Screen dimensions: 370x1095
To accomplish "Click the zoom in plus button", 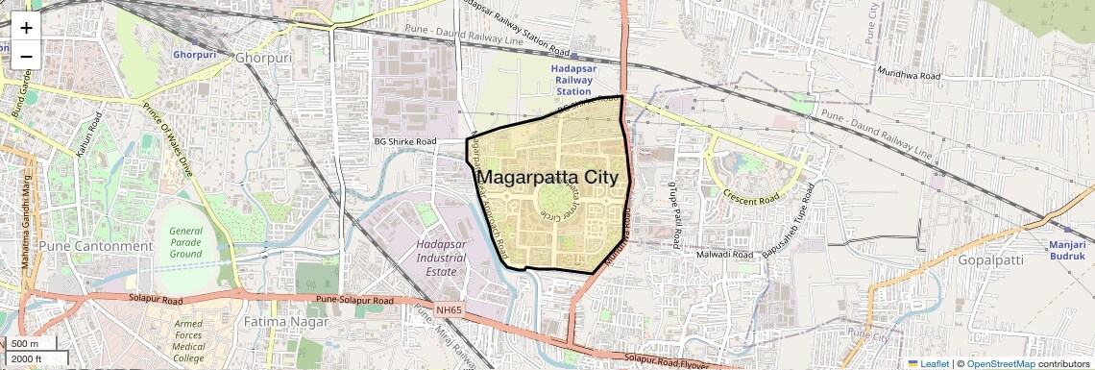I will tap(26, 28).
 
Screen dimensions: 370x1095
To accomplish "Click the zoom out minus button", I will tap(26, 56).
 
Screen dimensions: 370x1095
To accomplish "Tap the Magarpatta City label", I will tap(552, 178).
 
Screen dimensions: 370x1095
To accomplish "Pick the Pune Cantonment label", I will tap(95, 246).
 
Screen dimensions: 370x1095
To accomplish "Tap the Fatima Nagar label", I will tap(285, 321).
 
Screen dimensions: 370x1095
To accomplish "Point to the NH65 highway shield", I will tap(449, 309).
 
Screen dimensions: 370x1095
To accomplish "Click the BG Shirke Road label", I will tap(405, 142).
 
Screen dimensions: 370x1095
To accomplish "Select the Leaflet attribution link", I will tap(929, 363).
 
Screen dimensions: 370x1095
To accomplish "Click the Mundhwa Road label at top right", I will tap(908, 73).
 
